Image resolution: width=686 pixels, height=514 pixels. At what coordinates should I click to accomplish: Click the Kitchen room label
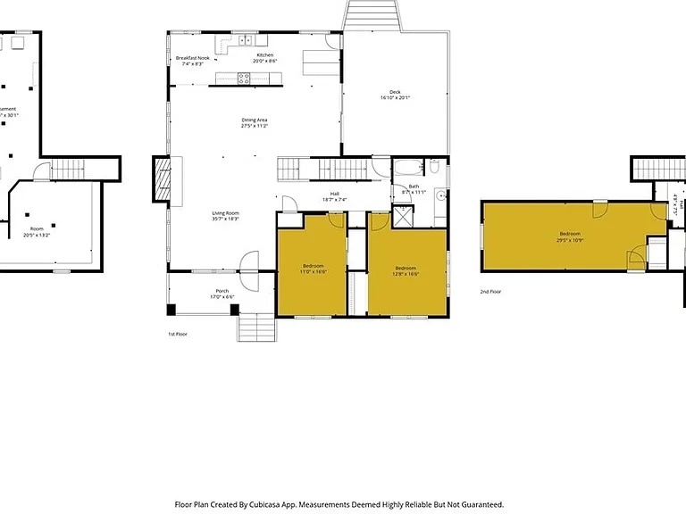[x=265, y=55]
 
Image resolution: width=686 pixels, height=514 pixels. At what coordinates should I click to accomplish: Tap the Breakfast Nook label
[x=193, y=58]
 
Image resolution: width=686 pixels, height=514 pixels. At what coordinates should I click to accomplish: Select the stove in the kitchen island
[x=245, y=78]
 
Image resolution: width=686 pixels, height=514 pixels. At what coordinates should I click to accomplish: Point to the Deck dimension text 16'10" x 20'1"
[x=394, y=97]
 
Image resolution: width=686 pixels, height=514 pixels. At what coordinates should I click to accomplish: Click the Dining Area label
[x=255, y=120]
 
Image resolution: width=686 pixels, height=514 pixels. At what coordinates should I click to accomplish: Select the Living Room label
[x=225, y=212]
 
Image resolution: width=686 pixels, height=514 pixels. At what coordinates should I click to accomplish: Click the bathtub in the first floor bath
[x=407, y=167]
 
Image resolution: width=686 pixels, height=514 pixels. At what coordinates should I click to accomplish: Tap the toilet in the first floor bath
[x=433, y=167]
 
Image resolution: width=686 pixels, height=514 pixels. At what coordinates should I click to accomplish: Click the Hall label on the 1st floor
[x=334, y=193]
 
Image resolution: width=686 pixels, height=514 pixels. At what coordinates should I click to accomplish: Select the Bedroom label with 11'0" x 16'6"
[x=313, y=265]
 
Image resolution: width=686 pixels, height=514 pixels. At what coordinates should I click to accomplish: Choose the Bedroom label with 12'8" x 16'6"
[x=406, y=267]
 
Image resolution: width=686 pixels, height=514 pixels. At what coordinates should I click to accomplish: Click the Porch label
[x=222, y=291]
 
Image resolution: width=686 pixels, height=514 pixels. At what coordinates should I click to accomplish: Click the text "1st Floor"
[x=178, y=334]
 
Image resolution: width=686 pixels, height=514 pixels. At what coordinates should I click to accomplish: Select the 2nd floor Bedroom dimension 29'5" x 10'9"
[x=569, y=240]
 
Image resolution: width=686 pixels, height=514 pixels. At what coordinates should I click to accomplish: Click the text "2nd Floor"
[x=490, y=292]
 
